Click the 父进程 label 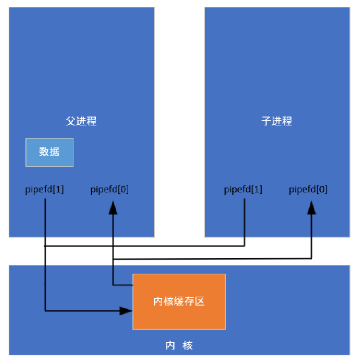tap(81, 121)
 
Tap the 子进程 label tap(277, 121)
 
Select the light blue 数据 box tap(50, 152)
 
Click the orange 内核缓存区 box tap(179, 301)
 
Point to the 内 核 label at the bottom tap(179, 345)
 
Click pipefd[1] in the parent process tap(45, 190)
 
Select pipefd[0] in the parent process tap(109, 190)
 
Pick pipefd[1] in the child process tap(243, 190)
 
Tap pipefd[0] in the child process tap(308, 190)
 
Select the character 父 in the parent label tap(71, 121)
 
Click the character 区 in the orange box tap(199, 301)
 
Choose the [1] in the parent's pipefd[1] tap(58, 190)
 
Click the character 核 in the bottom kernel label tap(188, 345)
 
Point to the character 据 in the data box tap(55, 152)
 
